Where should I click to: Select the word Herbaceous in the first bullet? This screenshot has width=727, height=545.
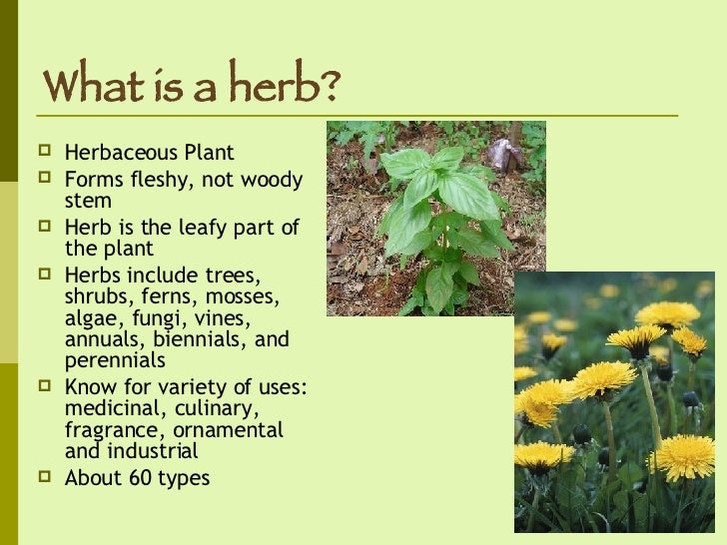(x=120, y=153)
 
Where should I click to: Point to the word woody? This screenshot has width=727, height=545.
(x=271, y=180)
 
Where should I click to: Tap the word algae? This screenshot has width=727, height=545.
(x=91, y=318)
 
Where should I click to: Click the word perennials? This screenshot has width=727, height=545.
(x=115, y=360)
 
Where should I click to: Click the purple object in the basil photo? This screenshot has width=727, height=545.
(x=501, y=154)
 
